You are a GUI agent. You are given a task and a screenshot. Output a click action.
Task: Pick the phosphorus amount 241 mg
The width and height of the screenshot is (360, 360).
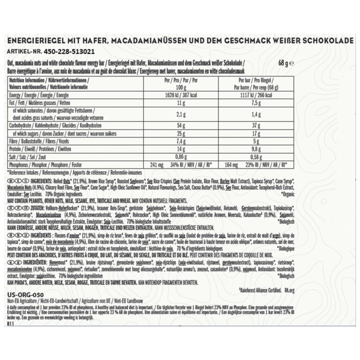tap(157, 164)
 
